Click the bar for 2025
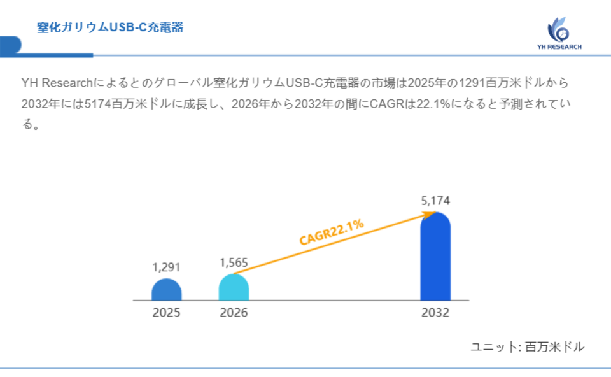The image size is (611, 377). point(167,290)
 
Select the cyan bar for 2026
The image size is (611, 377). point(234,287)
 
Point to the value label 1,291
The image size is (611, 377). point(167,267)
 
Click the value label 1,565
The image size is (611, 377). point(234,262)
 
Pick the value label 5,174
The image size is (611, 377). point(435,201)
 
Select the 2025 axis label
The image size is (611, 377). point(167,313)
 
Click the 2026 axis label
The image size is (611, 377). point(234,313)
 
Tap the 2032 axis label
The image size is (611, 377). point(435,313)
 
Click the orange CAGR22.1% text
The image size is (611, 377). point(332,232)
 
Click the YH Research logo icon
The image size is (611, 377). point(558,29)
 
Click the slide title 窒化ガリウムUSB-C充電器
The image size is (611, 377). point(110,27)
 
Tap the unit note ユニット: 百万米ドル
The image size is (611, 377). point(527,347)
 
